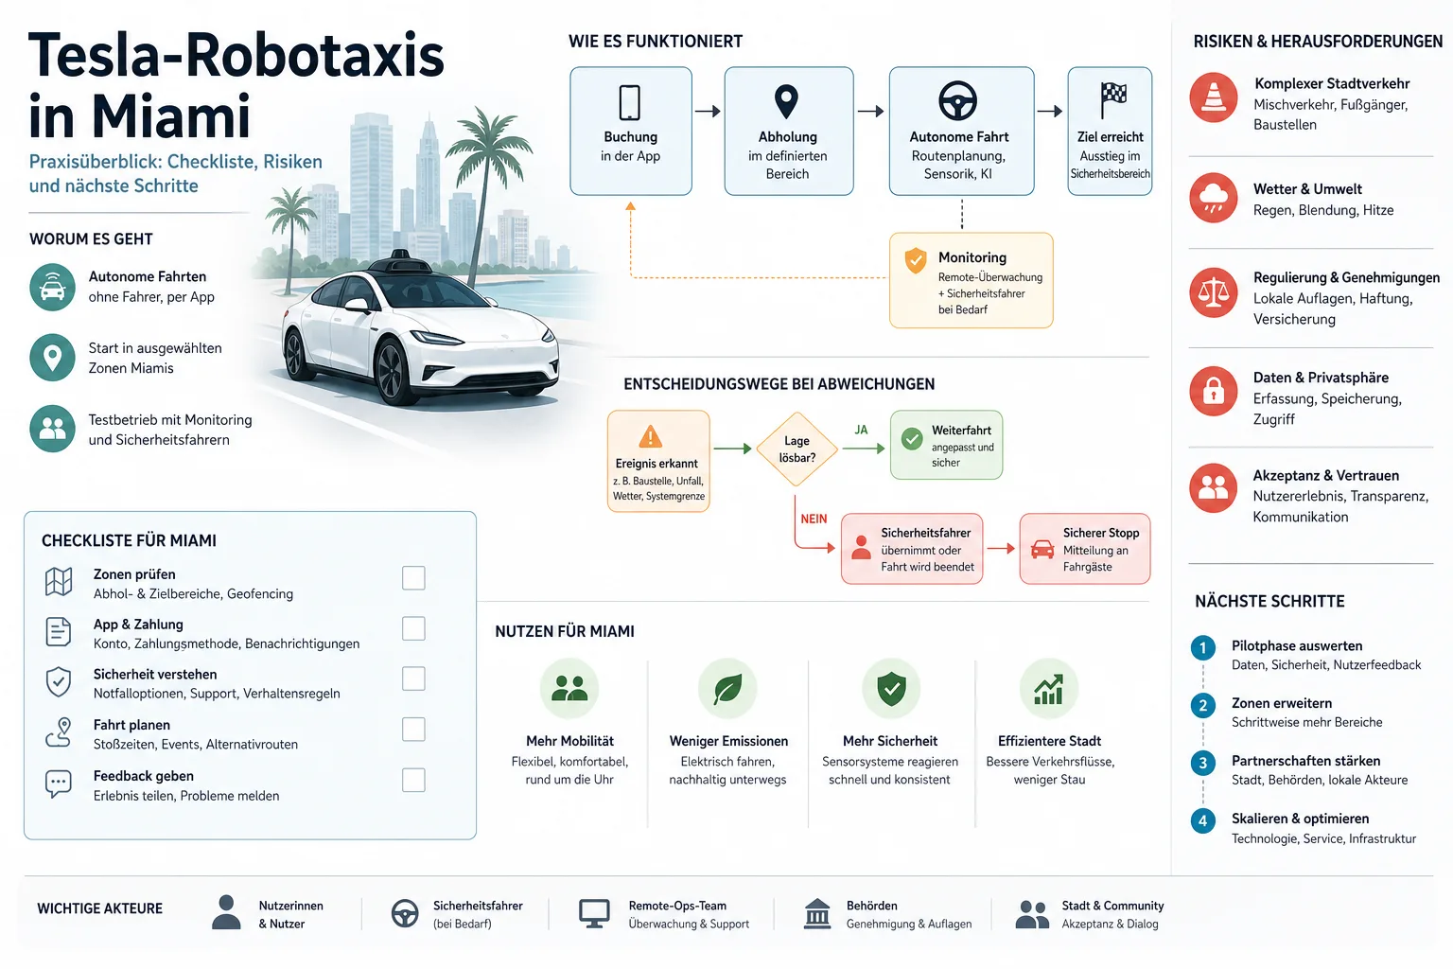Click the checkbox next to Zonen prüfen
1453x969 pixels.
pos(413,577)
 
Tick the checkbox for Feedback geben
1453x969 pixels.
pos(413,780)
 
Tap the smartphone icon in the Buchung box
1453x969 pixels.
pos(630,102)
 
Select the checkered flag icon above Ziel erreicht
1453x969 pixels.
pos(1113,100)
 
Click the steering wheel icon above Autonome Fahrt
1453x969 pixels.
pos(958,100)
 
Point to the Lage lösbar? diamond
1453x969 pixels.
pos(797,449)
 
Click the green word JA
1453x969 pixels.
pos(861,430)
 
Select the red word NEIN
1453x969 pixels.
pos(814,520)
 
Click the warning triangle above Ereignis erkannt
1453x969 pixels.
pos(650,437)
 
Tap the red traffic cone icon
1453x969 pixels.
pos(1213,97)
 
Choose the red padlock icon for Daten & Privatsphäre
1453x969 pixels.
pos(1213,392)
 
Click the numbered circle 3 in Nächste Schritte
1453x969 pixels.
pos(1202,763)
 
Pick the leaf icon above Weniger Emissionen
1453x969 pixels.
pos(727,689)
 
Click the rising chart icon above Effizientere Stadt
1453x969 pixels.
pos(1049,689)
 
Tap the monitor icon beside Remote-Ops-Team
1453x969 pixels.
pos(593,913)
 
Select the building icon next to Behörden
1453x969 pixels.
pos(817,913)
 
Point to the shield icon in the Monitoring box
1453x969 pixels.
pos(916,260)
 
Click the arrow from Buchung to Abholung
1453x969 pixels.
pos(708,111)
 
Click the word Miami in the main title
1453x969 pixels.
pos(171,116)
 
